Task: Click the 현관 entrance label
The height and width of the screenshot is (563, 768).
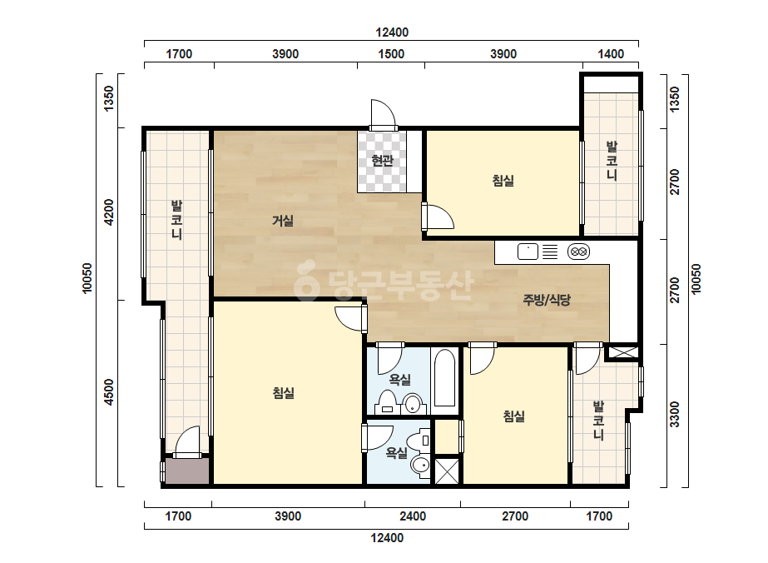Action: [x=382, y=161]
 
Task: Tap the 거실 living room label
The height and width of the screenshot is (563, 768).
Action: [x=283, y=222]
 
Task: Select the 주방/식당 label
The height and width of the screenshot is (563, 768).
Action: [x=547, y=300]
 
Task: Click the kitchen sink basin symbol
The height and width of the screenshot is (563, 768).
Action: [x=528, y=252]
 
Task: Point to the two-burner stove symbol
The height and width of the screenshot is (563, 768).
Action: [x=578, y=252]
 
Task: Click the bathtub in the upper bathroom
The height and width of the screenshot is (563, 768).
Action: [x=444, y=378]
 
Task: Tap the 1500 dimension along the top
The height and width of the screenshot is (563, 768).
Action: [x=391, y=54]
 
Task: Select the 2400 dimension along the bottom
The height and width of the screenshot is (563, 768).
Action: [x=413, y=516]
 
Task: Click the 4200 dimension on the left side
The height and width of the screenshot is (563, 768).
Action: [x=109, y=212]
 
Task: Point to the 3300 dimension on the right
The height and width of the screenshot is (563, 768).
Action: [x=675, y=415]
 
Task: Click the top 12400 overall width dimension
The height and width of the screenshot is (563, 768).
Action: [x=392, y=32]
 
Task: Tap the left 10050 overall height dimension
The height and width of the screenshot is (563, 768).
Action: [x=87, y=278]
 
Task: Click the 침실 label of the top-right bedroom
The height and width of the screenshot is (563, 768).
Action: [x=503, y=181]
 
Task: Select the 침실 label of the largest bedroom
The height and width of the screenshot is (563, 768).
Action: [x=284, y=393]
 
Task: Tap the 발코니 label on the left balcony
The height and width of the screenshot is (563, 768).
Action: [x=177, y=220]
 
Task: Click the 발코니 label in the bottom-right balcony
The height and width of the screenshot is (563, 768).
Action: [x=598, y=421]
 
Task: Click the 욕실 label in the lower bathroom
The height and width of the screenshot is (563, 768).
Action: [x=396, y=453]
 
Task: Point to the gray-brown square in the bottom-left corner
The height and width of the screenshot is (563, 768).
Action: [x=187, y=471]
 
